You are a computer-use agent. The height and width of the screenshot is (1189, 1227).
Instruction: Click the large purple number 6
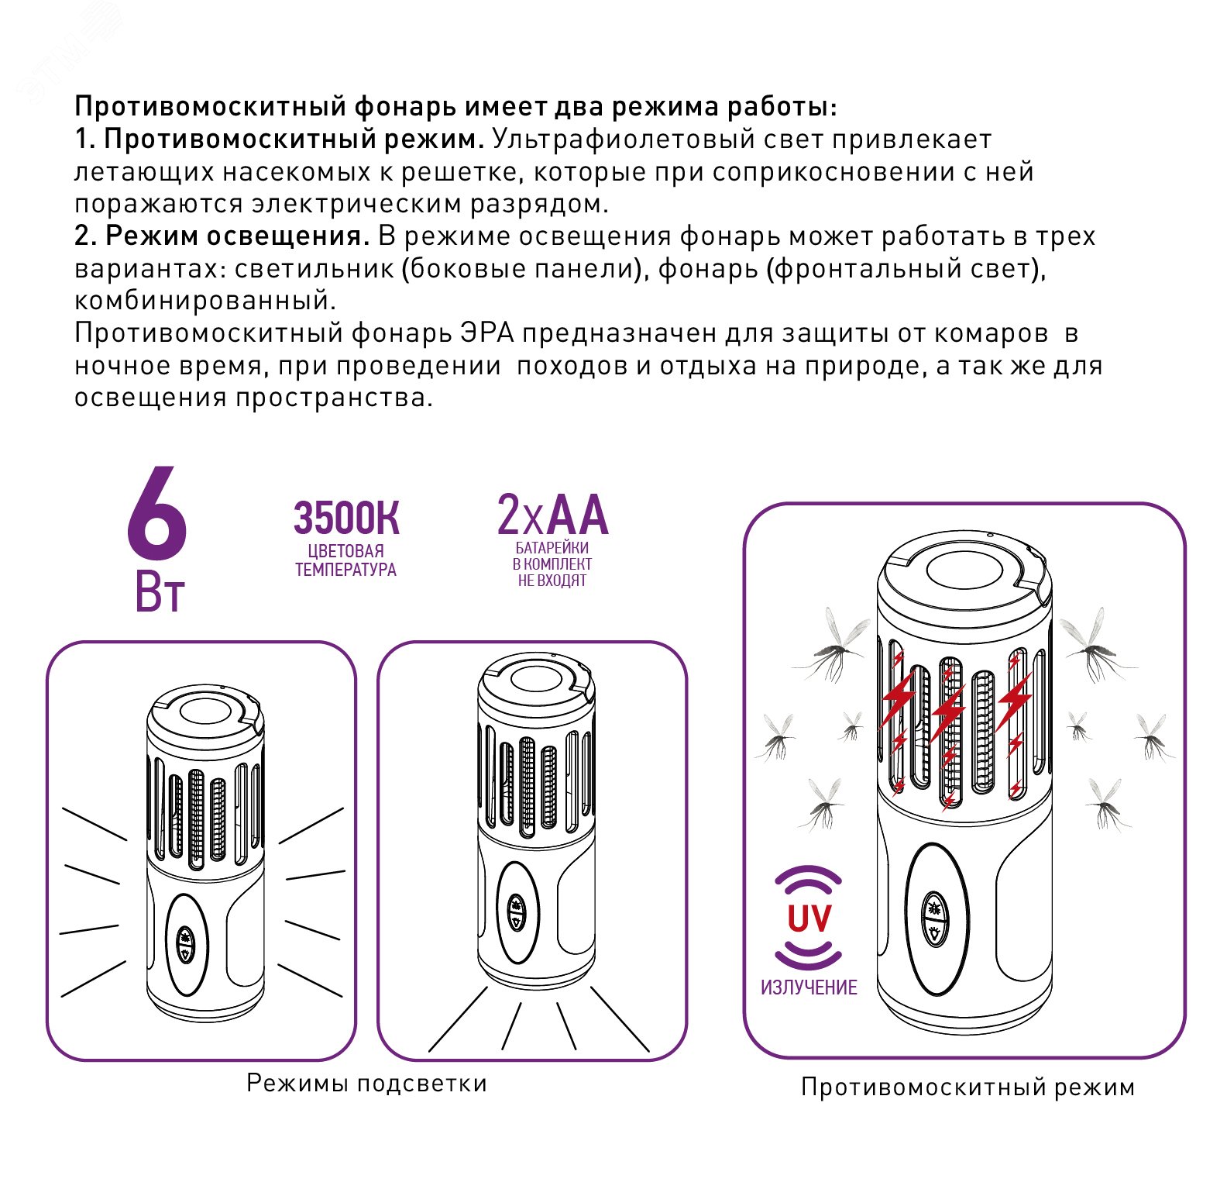(x=157, y=515)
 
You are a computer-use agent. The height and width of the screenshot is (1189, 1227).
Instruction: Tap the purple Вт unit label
(x=160, y=593)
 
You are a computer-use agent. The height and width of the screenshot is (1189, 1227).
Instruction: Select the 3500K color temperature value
(x=346, y=519)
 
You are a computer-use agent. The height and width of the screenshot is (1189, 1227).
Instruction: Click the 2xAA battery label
(x=552, y=515)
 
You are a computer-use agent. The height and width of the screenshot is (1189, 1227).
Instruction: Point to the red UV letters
(x=809, y=918)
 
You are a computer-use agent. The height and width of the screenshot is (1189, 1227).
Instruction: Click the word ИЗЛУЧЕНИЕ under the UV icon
(x=809, y=987)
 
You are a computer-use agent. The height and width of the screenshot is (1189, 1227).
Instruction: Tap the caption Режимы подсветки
(x=366, y=1083)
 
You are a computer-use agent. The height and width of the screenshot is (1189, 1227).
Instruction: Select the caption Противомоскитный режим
(x=968, y=1087)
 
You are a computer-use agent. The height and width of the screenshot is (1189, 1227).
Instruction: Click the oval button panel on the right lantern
(x=937, y=920)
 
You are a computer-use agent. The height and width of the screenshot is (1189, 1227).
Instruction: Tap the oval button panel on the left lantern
(x=186, y=944)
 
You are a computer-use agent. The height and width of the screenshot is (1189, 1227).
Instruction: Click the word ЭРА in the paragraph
(x=486, y=333)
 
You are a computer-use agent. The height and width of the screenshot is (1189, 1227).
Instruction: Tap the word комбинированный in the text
(x=205, y=301)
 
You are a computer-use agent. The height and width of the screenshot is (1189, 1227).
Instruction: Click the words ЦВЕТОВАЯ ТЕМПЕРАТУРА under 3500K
(x=345, y=560)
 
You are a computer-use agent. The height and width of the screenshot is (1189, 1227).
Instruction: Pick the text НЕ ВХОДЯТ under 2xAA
(x=552, y=581)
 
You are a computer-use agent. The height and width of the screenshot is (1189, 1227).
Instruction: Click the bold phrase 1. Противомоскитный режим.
(x=280, y=140)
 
